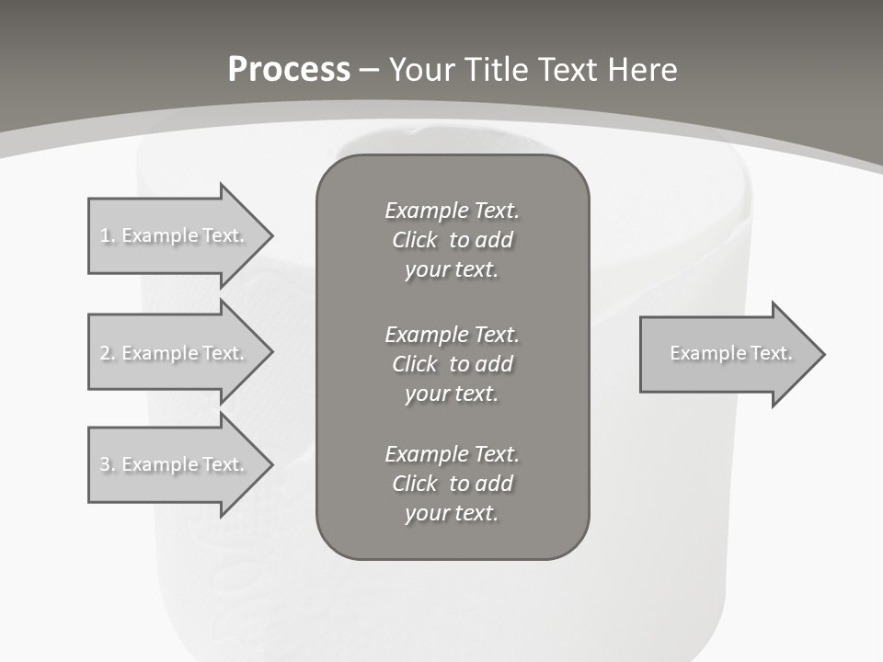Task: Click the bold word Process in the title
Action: click(x=289, y=70)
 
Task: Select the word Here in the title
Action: click(x=644, y=70)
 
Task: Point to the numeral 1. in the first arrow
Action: click(x=108, y=235)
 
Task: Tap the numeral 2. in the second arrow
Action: click(x=108, y=353)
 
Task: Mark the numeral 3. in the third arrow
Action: click(x=108, y=464)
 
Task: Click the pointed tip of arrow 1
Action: click(x=267, y=235)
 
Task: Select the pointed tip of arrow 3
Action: click(x=267, y=464)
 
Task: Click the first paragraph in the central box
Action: click(x=452, y=240)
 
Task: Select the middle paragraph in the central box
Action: click(x=452, y=363)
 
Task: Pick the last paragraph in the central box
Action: click(x=452, y=484)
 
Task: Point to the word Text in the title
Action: click(x=571, y=70)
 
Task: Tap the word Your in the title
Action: click(x=422, y=70)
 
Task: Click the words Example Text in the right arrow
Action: click(x=730, y=353)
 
